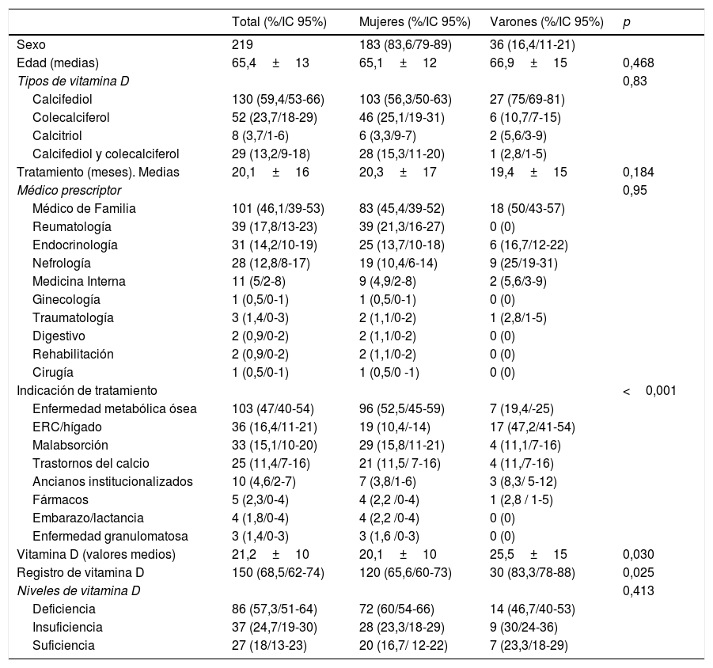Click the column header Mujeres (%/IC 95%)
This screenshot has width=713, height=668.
point(415,21)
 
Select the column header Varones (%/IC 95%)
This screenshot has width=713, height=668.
point(547,21)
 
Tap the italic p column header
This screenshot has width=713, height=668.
point(627,21)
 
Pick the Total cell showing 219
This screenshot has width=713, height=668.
point(242,45)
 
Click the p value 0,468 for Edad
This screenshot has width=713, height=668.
point(639,63)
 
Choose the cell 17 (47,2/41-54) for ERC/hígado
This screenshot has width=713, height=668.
point(533,427)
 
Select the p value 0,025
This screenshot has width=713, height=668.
point(639,572)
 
